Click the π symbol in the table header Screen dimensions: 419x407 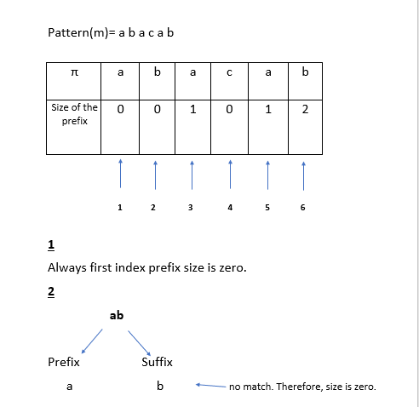74,72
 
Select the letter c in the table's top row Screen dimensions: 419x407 229,72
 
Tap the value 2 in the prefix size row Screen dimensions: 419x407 305,109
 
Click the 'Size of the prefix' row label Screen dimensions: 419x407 74,114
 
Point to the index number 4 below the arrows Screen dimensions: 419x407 230,208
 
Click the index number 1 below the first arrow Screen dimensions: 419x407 120,208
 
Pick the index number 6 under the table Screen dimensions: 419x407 303,208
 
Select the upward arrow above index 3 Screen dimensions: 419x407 192,175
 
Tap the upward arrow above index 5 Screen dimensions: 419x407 267,175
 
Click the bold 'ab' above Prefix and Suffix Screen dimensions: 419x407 117,315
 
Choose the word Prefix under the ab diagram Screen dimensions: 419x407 64,362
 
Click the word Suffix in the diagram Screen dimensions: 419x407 157,362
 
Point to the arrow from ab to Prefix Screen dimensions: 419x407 92,341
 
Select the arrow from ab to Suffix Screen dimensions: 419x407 139,343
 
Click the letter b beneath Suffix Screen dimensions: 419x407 160,386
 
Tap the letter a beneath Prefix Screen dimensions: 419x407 70,387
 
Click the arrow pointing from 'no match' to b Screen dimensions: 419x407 210,386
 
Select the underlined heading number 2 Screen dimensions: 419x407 51,292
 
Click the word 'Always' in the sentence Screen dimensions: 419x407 67,268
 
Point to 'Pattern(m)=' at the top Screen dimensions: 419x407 82,33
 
